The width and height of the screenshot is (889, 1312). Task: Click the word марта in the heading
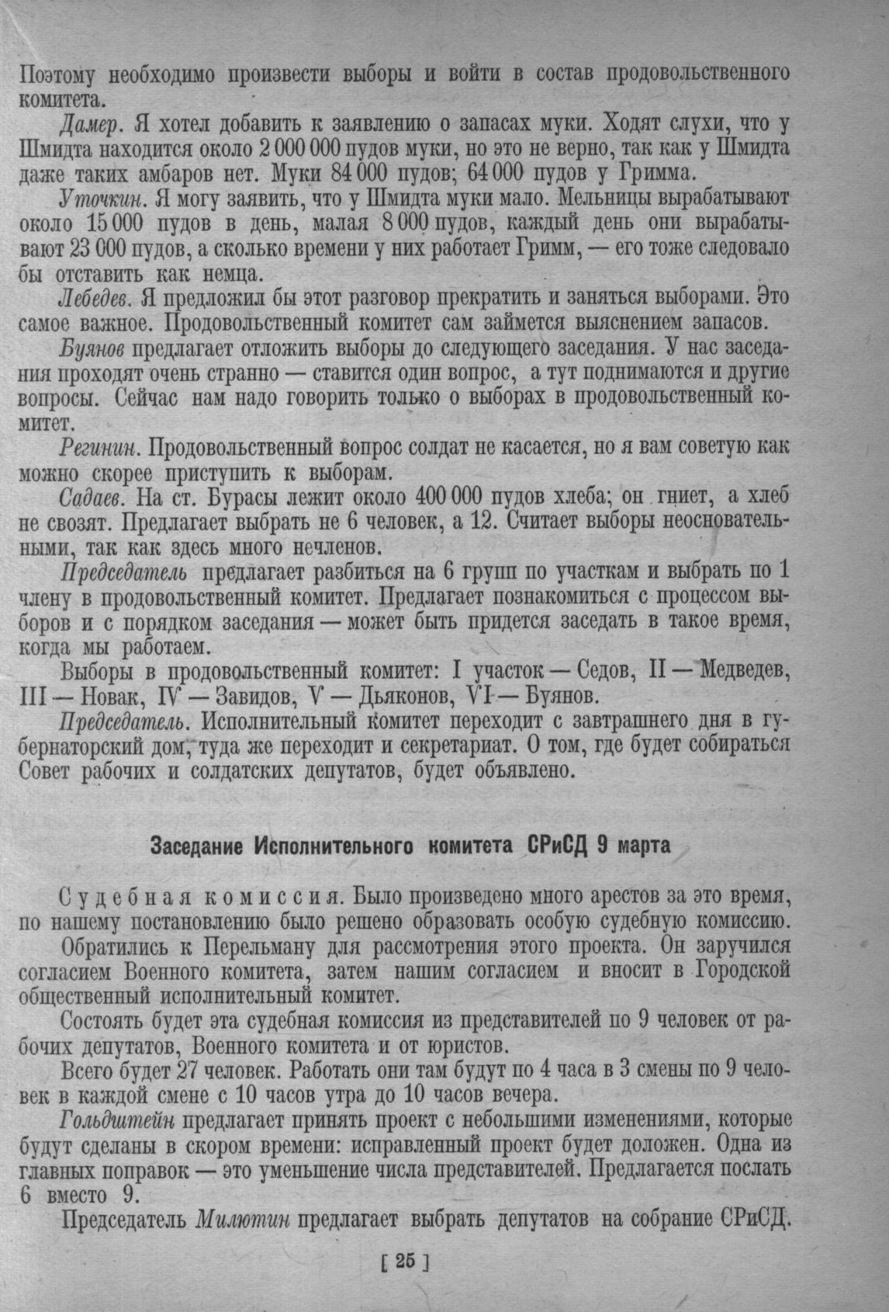coord(643,846)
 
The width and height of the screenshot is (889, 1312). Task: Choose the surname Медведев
coord(746,670)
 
